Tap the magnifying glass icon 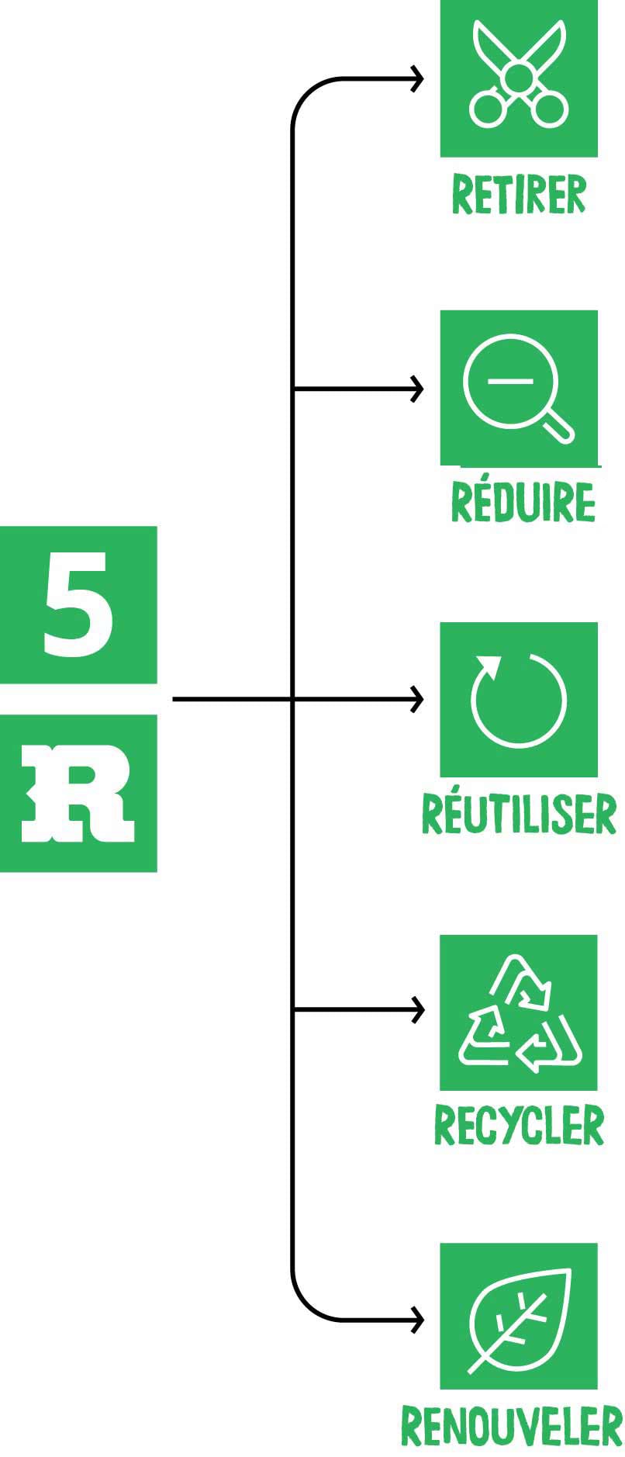click(x=517, y=388)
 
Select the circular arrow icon click(x=518, y=699)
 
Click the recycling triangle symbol click(x=519, y=1012)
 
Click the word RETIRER click(x=518, y=195)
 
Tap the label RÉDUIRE click(x=523, y=502)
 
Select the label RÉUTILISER click(x=518, y=814)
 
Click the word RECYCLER click(x=519, y=1126)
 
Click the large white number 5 click(x=78, y=604)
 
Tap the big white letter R click(x=78, y=794)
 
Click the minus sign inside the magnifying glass click(x=510, y=380)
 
